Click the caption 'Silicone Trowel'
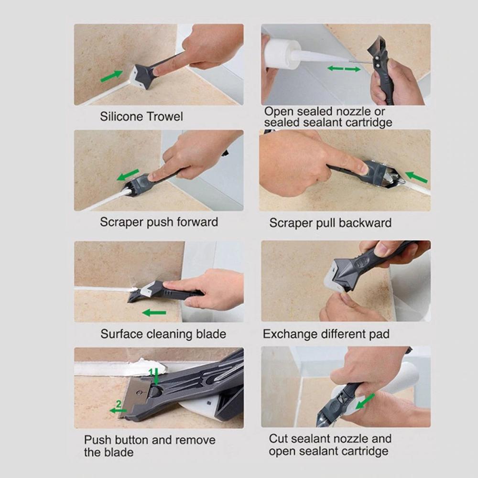[141, 117]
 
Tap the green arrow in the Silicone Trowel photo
[111, 76]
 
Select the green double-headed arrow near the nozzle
[344, 69]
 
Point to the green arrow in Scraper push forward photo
[128, 175]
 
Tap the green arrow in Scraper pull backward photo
[416, 177]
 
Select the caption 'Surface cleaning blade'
[163, 334]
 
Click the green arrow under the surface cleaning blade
[154, 313]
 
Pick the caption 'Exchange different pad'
[326, 334]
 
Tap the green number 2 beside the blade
[119, 404]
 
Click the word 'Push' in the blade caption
[99, 440]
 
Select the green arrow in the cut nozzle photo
[365, 401]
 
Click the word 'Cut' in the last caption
[279, 438]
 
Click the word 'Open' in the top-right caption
[279, 111]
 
